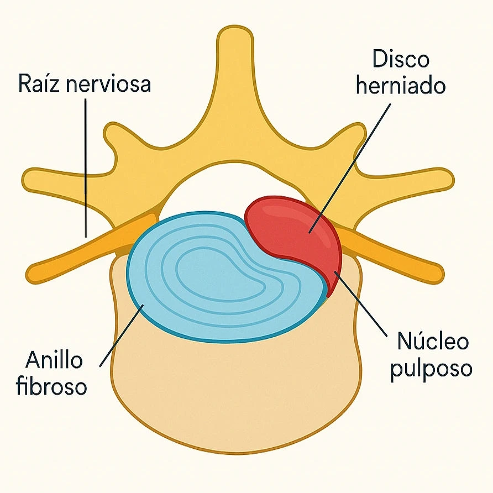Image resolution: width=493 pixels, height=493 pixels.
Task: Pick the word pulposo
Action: pyautogui.click(x=431, y=369)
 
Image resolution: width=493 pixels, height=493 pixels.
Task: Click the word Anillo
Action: pyautogui.click(x=54, y=361)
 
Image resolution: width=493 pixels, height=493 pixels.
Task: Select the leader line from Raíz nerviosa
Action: pyautogui.click(x=86, y=166)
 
